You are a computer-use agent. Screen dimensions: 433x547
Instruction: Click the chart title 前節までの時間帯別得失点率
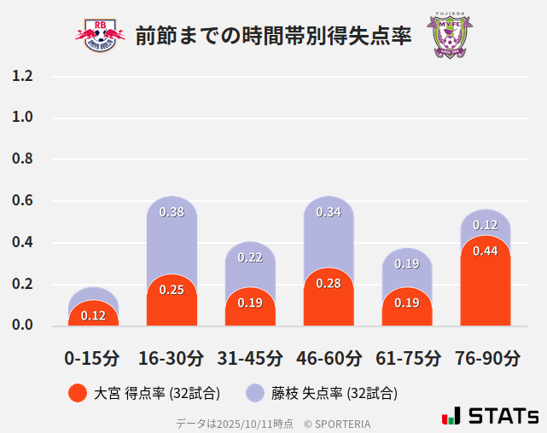click(x=273, y=36)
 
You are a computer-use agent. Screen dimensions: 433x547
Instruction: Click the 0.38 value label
click(x=172, y=212)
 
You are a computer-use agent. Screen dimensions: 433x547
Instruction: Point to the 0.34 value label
click(x=329, y=212)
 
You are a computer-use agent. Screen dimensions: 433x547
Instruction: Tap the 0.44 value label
click(x=486, y=251)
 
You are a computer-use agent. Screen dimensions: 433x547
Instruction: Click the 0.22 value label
click(x=250, y=257)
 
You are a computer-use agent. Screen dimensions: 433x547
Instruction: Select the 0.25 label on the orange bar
click(x=172, y=290)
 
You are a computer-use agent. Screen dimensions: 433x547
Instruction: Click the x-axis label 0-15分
click(x=92, y=358)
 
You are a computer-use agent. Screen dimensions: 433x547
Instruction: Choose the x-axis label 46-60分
click(x=329, y=358)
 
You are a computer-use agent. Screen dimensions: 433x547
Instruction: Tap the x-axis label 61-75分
click(x=407, y=358)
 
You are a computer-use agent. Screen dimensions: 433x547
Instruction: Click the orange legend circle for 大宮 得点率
click(x=78, y=393)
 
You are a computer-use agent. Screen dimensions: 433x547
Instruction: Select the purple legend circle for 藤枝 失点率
click(x=255, y=393)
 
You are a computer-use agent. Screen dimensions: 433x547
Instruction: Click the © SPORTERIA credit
click(x=337, y=423)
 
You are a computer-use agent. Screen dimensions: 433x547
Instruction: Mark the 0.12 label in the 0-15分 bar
click(x=93, y=315)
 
